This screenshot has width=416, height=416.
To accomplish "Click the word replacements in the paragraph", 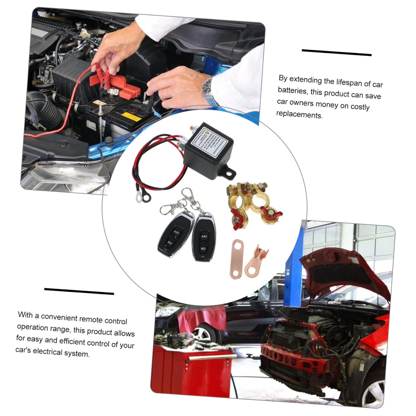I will (300, 114).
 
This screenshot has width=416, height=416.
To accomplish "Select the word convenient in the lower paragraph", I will (59, 317).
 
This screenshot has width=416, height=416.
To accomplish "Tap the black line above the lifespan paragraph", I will (336, 52).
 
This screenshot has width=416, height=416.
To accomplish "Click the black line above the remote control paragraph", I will (79, 291).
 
